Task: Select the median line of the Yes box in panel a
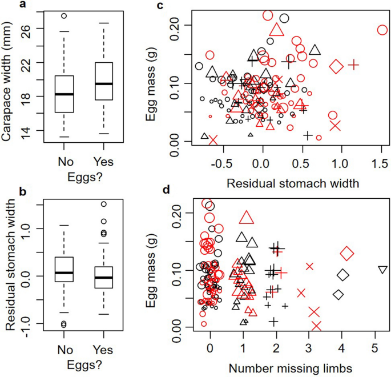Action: (x=104, y=83)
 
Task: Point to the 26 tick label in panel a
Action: (x=28, y=28)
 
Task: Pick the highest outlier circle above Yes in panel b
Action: (x=104, y=204)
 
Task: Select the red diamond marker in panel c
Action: (x=336, y=66)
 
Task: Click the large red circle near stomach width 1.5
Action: (x=382, y=30)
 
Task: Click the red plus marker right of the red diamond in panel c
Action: (x=354, y=65)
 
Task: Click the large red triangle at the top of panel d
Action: (x=246, y=218)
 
